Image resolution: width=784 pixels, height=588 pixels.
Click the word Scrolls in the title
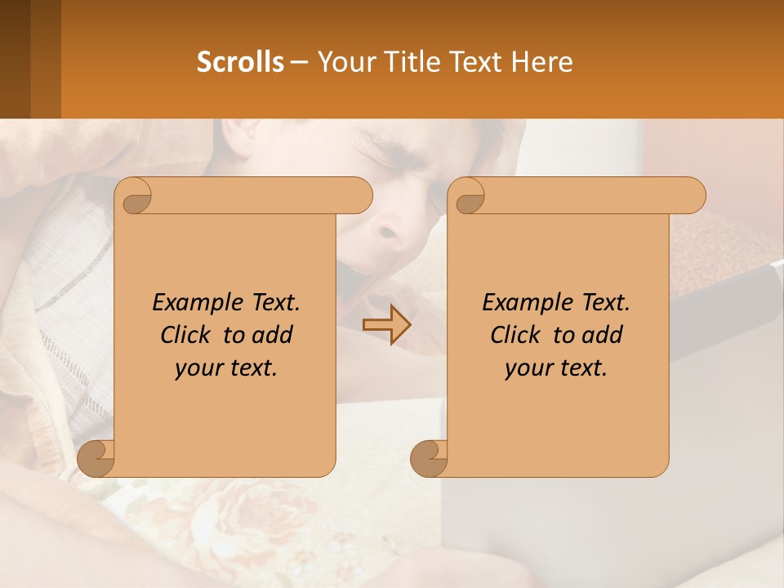[241, 62]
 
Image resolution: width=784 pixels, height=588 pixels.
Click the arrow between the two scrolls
[386, 325]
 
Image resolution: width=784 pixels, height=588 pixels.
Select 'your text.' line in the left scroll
[226, 368]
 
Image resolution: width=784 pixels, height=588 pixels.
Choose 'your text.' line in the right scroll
[556, 368]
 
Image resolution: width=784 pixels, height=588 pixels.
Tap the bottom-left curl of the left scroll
[96, 458]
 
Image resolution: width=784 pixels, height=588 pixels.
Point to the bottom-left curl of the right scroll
[429, 458]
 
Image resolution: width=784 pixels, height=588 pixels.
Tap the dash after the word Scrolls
[300, 62]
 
